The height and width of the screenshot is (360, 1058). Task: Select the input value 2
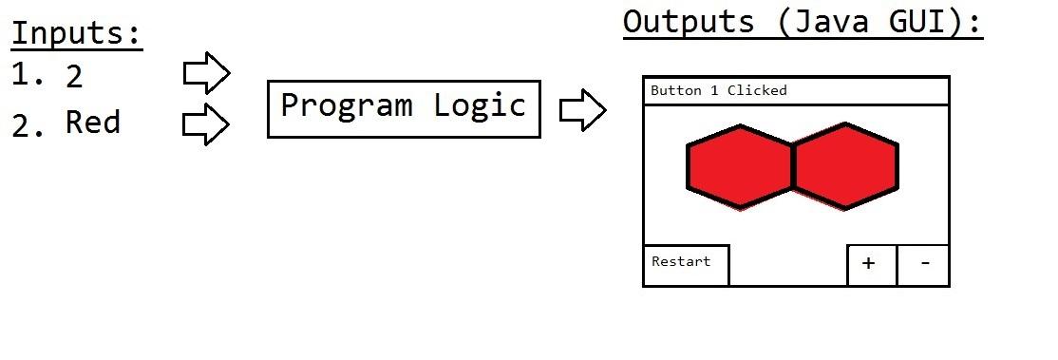tap(74, 77)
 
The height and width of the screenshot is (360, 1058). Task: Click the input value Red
tap(92, 123)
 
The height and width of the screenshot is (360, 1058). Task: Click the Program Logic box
tap(404, 108)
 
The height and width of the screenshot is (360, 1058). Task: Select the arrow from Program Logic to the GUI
tap(582, 110)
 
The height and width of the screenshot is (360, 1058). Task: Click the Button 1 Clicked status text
tap(719, 91)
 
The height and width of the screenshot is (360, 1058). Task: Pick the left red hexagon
tap(740, 167)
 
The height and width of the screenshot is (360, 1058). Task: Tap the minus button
tap(923, 264)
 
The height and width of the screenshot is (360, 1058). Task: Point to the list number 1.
tap(28, 75)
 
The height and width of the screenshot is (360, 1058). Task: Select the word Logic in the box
tap(480, 105)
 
